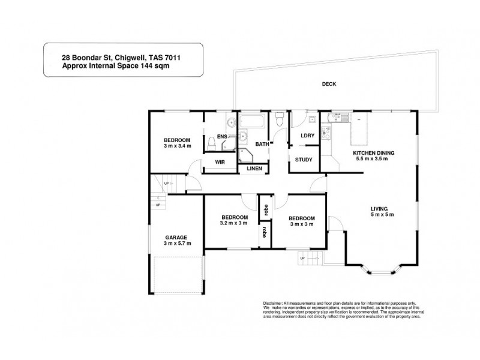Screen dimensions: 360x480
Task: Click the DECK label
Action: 328,84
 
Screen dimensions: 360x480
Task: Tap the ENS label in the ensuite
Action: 222,137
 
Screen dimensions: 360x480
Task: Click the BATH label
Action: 262,145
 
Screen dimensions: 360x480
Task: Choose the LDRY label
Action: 308,136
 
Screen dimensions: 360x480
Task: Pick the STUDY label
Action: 304,160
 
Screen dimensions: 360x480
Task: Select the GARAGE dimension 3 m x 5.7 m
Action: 177,244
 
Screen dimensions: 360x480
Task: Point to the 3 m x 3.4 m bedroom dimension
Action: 177,146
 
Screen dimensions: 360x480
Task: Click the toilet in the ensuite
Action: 211,143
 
